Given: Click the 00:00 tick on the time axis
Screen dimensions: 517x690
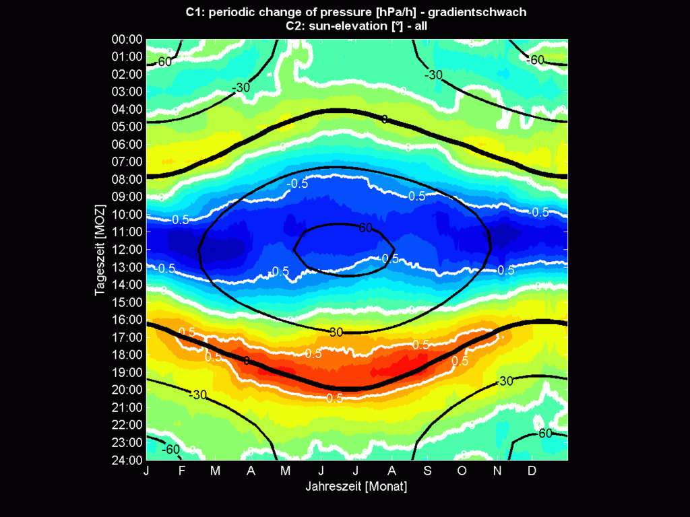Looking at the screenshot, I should click(127, 39).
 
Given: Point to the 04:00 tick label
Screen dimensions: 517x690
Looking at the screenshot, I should click(127, 109).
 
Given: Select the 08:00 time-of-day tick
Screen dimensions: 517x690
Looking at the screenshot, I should click(127, 179).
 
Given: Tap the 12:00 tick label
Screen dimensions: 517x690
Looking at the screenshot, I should click(127, 250).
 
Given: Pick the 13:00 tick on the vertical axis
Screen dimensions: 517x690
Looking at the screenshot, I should click(127, 267).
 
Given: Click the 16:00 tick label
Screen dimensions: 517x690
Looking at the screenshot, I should click(127, 320).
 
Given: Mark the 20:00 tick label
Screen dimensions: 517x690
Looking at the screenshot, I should click(127, 390).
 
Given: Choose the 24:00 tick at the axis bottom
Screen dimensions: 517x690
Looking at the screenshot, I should click(127, 460).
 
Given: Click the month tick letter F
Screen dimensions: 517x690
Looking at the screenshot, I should click(182, 471).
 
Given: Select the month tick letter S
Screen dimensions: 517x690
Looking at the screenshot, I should click(427, 471).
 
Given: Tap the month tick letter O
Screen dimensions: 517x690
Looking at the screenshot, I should click(462, 471).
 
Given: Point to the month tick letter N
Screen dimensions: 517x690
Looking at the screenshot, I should click(497, 471).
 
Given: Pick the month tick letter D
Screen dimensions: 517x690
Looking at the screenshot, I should click(532, 471).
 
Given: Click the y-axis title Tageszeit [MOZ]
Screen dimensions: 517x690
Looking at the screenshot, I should click(99, 250).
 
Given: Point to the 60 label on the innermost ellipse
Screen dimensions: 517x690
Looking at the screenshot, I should click(365, 228).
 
